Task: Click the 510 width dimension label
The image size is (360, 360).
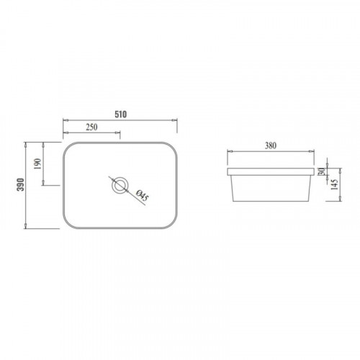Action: [120, 114]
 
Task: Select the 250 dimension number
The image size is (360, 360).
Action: [91, 127]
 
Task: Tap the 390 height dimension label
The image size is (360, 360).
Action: [21, 184]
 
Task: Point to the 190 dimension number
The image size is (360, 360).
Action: [38, 164]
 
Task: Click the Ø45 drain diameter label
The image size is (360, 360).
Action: [143, 195]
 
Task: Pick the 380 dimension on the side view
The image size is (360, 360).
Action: [271, 145]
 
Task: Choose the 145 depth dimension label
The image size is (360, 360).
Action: [335, 184]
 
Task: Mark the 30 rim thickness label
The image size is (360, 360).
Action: [322, 171]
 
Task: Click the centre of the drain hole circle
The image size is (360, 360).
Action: [120, 185]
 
